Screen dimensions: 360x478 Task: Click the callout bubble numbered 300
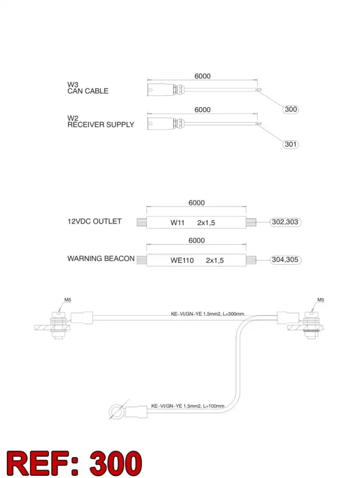tap(291, 109)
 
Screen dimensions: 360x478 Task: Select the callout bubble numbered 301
tap(291, 144)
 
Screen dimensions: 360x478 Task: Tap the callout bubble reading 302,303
tap(285, 222)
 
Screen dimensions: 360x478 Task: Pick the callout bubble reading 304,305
tap(285, 260)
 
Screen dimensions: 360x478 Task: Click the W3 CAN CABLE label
tap(88, 88)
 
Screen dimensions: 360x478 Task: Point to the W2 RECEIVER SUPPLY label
tap(101, 121)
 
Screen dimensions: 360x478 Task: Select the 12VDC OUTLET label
tap(94, 221)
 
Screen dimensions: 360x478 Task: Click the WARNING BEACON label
tap(101, 258)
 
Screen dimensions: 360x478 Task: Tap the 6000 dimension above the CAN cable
tap(202, 76)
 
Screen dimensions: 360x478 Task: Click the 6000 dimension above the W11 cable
tap(196, 203)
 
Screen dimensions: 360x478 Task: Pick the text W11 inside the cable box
tap(178, 222)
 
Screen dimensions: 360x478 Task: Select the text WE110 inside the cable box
tap(182, 260)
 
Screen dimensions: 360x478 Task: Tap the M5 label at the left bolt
tap(67, 300)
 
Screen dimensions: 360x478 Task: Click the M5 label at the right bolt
tap(321, 300)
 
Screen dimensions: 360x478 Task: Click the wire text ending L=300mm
tap(208, 314)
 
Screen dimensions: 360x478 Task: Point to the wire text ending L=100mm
tap(188, 406)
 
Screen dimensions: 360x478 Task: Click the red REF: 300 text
tap(74, 463)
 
